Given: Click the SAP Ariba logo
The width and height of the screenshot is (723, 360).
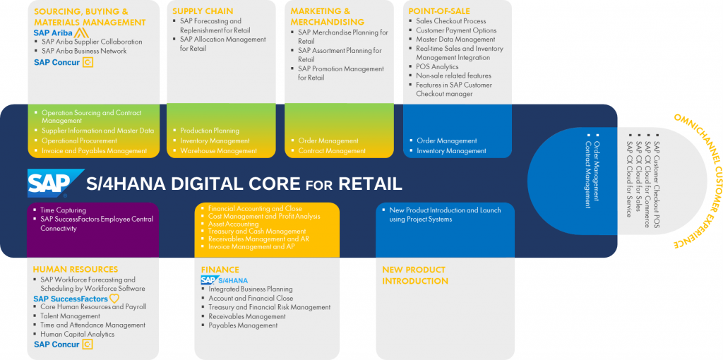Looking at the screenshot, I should coord(61,32).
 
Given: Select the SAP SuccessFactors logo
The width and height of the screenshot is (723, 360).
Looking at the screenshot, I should coord(76,299).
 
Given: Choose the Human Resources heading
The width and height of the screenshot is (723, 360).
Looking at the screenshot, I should coord(76,270).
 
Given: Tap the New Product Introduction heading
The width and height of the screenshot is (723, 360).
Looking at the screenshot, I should coord(414,275).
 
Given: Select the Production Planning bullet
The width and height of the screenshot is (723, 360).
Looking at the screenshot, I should coord(210,131).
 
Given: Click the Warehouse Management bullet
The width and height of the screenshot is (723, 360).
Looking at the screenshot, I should coord(218,150).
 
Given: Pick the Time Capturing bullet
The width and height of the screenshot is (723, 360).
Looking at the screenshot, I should coord(63,210).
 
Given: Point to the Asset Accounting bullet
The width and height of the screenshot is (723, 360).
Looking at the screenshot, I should coord(233,224).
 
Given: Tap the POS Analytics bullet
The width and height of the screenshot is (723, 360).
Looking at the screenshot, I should coord(437,66).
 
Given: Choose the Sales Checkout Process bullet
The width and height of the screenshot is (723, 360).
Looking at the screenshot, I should coord(450,21).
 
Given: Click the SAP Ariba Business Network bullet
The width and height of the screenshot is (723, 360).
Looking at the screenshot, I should coord(84,51).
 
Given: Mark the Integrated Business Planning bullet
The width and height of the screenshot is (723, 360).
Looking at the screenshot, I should coord(250,289).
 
